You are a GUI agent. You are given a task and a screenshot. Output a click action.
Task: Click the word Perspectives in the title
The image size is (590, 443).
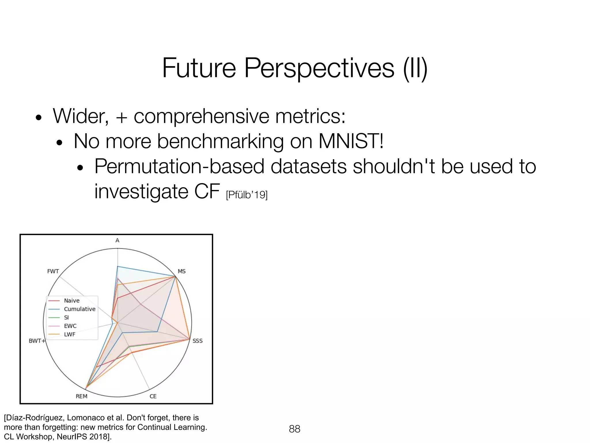point(319,68)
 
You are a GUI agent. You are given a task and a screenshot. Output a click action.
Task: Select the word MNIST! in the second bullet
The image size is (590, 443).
point(351,141)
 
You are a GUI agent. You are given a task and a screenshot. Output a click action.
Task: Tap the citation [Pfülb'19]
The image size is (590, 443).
point(247,195)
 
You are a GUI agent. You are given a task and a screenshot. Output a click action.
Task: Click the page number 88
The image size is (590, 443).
point(294,429)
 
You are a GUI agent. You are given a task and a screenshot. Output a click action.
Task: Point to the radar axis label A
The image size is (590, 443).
point(117,241)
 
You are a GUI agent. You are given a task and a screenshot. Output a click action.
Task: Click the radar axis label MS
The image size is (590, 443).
point(181,271)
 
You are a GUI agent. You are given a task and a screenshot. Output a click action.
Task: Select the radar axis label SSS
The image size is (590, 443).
point(197,341)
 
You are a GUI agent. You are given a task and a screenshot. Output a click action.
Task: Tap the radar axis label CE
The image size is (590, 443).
point(153,396)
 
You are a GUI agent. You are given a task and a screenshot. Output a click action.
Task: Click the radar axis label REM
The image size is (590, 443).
point(82,396)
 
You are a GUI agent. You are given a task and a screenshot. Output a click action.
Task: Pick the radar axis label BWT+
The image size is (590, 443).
point(37,341)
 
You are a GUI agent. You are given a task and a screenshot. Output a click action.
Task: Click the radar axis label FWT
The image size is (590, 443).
point(53,271)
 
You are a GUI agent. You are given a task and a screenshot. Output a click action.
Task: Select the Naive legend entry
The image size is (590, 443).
point(71,301)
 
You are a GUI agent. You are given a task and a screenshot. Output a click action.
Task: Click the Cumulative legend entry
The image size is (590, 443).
point(80,309)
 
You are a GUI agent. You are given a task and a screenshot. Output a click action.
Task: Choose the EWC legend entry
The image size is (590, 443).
point(70,326)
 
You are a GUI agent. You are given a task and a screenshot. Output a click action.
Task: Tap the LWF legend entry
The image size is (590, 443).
point(69,335)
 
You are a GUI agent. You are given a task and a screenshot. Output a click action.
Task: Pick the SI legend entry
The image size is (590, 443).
point(66,318)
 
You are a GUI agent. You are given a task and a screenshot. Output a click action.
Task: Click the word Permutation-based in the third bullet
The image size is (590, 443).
point(179,167)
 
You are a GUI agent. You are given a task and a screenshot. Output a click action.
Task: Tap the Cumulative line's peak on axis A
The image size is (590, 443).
point(118,266)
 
